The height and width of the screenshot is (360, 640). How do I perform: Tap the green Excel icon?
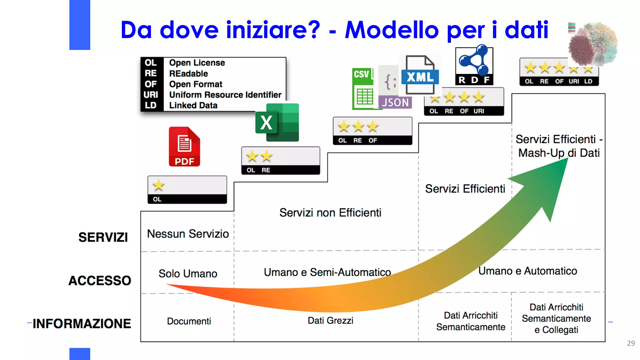click(277, 122)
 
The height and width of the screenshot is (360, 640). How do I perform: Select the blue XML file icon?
click(420, 76)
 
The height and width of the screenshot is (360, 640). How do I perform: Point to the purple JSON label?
click(395, 102)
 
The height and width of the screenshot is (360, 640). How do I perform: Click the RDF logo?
click(474, 66)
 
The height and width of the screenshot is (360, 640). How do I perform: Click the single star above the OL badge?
click(158, 185)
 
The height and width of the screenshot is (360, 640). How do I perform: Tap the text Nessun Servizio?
click(188, 234)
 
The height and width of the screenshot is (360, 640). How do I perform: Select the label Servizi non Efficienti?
click(330, 213)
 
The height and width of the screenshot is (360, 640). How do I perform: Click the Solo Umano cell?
click(188, 273)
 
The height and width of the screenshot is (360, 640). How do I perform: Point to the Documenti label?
click(189, 321)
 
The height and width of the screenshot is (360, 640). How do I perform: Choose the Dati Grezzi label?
click(330, 321)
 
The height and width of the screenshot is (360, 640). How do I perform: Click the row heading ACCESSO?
click(100, 281)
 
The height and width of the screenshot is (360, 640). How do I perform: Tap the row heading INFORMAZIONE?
click(82, 324)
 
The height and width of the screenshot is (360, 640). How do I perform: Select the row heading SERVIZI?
click(103, 237)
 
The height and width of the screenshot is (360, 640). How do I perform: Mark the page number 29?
click(631, 343)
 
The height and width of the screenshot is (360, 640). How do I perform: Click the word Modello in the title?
click(392, 30)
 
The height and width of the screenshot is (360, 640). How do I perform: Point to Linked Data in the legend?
click(193, 106)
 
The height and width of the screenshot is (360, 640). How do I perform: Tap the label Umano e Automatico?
click(527, 271)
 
